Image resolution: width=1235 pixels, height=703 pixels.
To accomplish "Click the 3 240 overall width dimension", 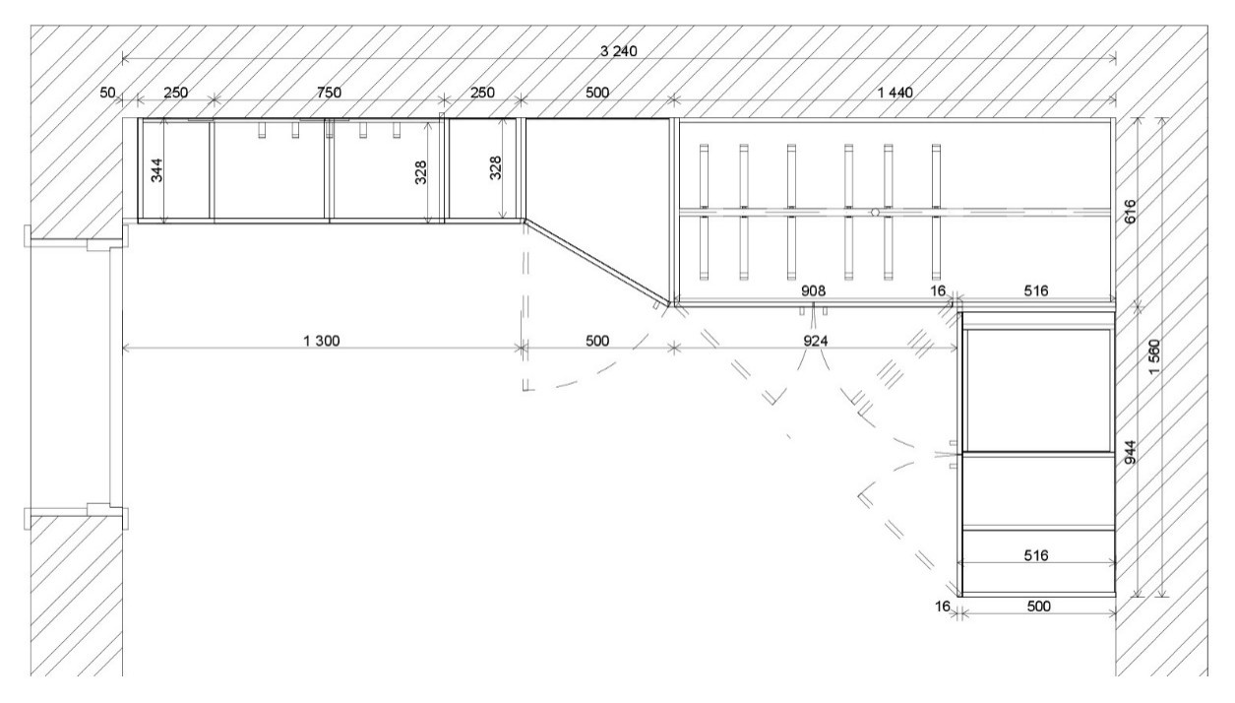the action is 618,51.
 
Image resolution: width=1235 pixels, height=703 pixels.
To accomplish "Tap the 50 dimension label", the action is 107,93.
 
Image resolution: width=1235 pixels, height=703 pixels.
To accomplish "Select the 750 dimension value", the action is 329,93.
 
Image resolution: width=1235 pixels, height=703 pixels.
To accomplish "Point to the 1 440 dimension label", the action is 895,93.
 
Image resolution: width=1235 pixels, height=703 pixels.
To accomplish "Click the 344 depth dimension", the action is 157,170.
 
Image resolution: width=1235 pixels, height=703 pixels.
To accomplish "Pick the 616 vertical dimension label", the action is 1130,212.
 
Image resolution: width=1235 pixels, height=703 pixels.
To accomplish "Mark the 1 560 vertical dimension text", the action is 1154,356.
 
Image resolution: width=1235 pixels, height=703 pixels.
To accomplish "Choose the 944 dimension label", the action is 1130,452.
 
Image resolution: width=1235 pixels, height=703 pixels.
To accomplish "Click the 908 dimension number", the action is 813,290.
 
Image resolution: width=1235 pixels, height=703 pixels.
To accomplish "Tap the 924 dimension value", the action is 815,341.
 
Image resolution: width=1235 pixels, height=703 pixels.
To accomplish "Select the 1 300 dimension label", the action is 322,341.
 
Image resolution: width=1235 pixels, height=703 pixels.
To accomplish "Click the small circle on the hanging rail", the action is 875,212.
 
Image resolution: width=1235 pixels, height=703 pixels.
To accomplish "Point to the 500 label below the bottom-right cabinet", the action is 1039,607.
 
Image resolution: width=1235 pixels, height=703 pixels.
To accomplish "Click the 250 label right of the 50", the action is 176,93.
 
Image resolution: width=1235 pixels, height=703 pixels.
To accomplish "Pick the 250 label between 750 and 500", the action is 482,93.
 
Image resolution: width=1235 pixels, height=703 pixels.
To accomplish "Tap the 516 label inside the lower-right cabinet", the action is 1036,555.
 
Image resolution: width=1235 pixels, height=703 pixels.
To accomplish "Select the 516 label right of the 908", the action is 1036,290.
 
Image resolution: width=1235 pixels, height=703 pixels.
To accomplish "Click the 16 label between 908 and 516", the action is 938,290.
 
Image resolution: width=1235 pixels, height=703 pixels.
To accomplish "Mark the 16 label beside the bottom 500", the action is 943,607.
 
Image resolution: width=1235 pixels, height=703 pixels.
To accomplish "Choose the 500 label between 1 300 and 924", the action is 597,341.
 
